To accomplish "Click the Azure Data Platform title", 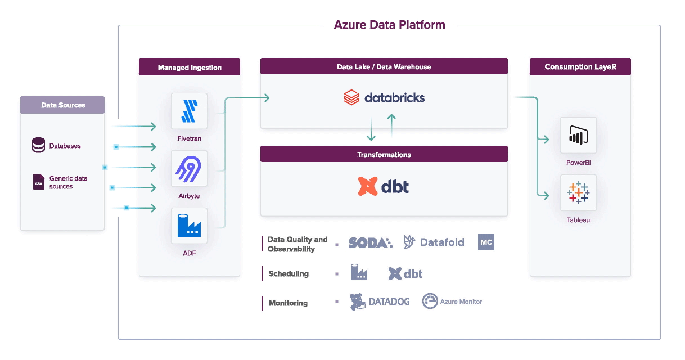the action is click(389, 25).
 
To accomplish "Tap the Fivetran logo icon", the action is click(190, 111).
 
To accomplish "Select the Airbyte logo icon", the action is click(188, 169).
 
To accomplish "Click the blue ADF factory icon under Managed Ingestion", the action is click(189, 226).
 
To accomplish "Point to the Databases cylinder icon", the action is click(39, 145).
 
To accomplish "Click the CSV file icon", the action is click(39, 182).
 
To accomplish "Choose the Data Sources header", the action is click(62, 105).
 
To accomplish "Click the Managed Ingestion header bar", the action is click(190, 67).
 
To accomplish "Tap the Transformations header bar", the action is click(384, 154).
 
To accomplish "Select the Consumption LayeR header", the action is click(580, 67).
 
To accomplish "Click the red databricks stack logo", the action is click(351, 97).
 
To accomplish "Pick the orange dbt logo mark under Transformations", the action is click(368, 186).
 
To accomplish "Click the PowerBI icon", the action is click(578, 135).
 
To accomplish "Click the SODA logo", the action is click(370, 243).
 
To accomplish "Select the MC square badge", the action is click(486, 242).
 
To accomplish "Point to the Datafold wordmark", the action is click(442, 242).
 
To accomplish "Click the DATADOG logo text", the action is click(389, 301).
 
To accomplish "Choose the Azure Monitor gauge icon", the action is click(430, 301).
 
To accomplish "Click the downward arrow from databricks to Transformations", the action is click(371, 129).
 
